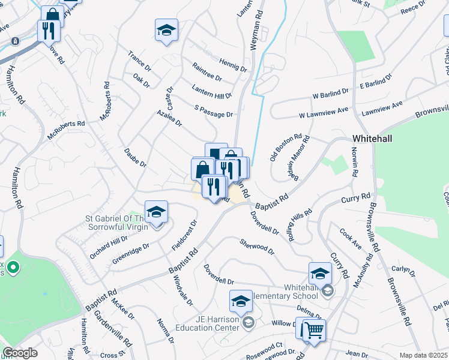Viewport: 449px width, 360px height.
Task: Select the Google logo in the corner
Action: point(20,353)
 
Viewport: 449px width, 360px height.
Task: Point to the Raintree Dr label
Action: point(206,74)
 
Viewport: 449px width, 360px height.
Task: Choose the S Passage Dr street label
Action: point(213,111)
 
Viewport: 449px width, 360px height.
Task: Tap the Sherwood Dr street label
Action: point(256,246)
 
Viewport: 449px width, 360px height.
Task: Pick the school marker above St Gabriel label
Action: point(156,212)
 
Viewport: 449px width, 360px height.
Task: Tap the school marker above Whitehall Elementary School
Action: point(321,274)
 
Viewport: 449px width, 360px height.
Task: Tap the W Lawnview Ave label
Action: point(324,113)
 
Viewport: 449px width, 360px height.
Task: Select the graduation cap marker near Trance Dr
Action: point(166,31)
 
